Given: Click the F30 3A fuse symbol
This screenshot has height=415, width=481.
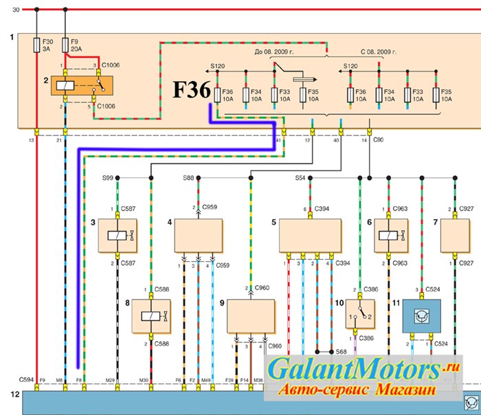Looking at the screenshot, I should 37,46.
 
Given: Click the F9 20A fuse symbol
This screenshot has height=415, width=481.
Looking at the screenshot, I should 65,46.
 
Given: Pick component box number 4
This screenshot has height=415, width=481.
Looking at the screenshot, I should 199,235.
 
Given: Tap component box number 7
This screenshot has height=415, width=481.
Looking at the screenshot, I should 454,235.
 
